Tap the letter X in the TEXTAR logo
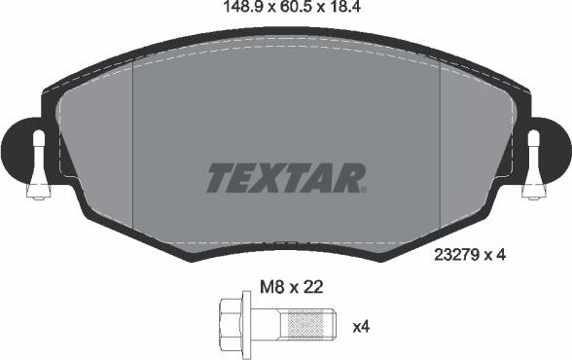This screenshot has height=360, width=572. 271,177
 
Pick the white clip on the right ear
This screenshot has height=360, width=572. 533,164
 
